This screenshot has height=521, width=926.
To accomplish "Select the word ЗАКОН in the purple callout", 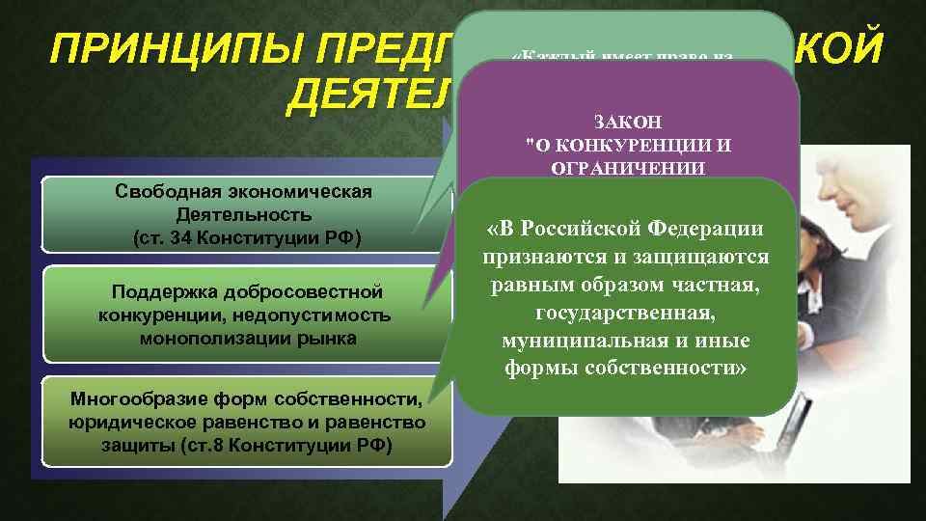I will (629, 123).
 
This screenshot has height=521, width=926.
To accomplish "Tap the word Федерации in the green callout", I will (703, 230).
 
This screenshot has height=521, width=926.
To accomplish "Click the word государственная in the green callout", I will (627, 314).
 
